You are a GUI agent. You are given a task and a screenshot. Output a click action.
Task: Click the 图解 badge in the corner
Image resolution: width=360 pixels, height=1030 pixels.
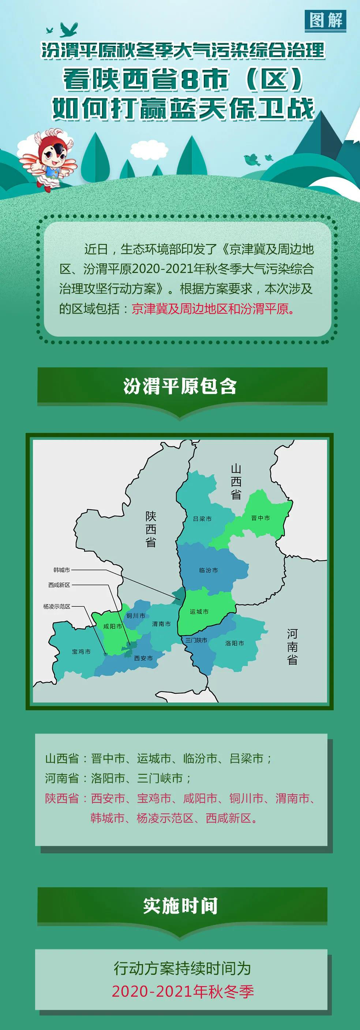coord(325,20)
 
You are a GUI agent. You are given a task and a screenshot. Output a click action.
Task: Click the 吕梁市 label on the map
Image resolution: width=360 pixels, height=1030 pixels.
coord(202,518)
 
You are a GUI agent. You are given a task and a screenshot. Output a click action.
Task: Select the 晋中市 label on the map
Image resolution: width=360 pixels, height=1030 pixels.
coord(260,518)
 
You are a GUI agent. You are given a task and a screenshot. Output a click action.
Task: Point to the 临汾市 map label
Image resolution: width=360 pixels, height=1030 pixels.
coord(209,570)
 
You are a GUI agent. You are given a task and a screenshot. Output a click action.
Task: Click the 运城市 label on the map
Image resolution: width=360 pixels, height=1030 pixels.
coord(199,612)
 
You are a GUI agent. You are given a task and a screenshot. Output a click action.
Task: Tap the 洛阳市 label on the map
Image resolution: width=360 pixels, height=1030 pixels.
coord(235,643)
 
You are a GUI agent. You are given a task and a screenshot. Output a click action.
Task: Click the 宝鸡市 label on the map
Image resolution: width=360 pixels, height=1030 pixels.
coord(81,651)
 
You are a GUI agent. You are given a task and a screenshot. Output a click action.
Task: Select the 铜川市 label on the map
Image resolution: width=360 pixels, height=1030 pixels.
coord(136,616)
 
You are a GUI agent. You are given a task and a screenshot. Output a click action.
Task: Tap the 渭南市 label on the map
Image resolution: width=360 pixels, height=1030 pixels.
coord(161,624)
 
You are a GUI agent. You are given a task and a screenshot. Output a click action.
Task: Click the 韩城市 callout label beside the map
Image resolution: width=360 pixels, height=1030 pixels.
coord(61,570)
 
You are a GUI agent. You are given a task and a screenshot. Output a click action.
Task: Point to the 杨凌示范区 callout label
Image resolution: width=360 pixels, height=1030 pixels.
coord(57,606)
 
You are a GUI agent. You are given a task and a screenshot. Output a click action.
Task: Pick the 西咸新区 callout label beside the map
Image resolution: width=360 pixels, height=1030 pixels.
coord(59,585)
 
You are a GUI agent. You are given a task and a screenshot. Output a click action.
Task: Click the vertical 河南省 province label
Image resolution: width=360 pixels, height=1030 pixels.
coord(292,647)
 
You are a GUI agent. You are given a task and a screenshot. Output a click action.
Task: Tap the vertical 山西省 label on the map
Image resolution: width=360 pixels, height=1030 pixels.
coord(236,482)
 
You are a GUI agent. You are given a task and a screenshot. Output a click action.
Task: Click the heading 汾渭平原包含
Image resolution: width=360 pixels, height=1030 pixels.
coord(180,386)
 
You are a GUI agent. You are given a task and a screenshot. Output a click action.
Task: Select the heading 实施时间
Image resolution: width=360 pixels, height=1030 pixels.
coord(180,906)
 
